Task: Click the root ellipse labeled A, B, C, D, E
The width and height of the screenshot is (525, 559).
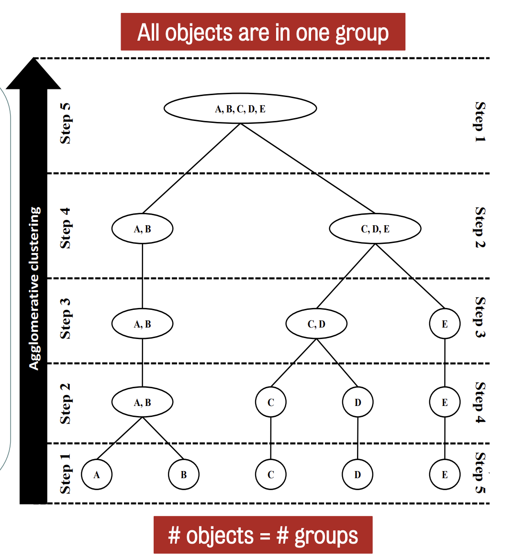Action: tap(240, 109)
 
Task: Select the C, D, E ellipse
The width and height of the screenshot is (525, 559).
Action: tap(375, 229)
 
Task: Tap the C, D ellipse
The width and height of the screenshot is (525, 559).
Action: tap(316, 324)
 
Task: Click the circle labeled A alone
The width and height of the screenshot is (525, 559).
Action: tap(97, 474)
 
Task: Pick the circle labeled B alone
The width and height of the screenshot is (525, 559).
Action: tap(183, 474)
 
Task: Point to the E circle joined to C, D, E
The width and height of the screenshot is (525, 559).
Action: tap(445, 324)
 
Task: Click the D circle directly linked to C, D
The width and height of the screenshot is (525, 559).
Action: tap(357, 402)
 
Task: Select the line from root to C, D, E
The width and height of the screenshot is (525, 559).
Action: tap(307, 168)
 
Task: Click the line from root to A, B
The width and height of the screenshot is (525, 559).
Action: tap(191, 168)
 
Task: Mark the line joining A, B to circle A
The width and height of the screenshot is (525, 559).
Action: tap(120, 438)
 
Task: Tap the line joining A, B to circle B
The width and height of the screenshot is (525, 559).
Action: tap(163, 438)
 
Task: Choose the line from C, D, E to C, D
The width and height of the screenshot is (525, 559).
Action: tap(346, 276)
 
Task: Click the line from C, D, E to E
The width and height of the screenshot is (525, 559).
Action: tap(410, 276)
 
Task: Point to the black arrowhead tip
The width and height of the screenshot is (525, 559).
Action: tap(34, 59)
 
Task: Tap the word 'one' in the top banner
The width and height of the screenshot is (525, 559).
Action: tap(313, 33)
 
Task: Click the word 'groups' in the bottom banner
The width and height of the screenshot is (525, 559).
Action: tap(326, 536)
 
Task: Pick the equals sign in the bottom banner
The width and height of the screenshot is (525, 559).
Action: tap(265, 536)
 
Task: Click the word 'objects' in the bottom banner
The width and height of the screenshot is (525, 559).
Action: tap(220, 536)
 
